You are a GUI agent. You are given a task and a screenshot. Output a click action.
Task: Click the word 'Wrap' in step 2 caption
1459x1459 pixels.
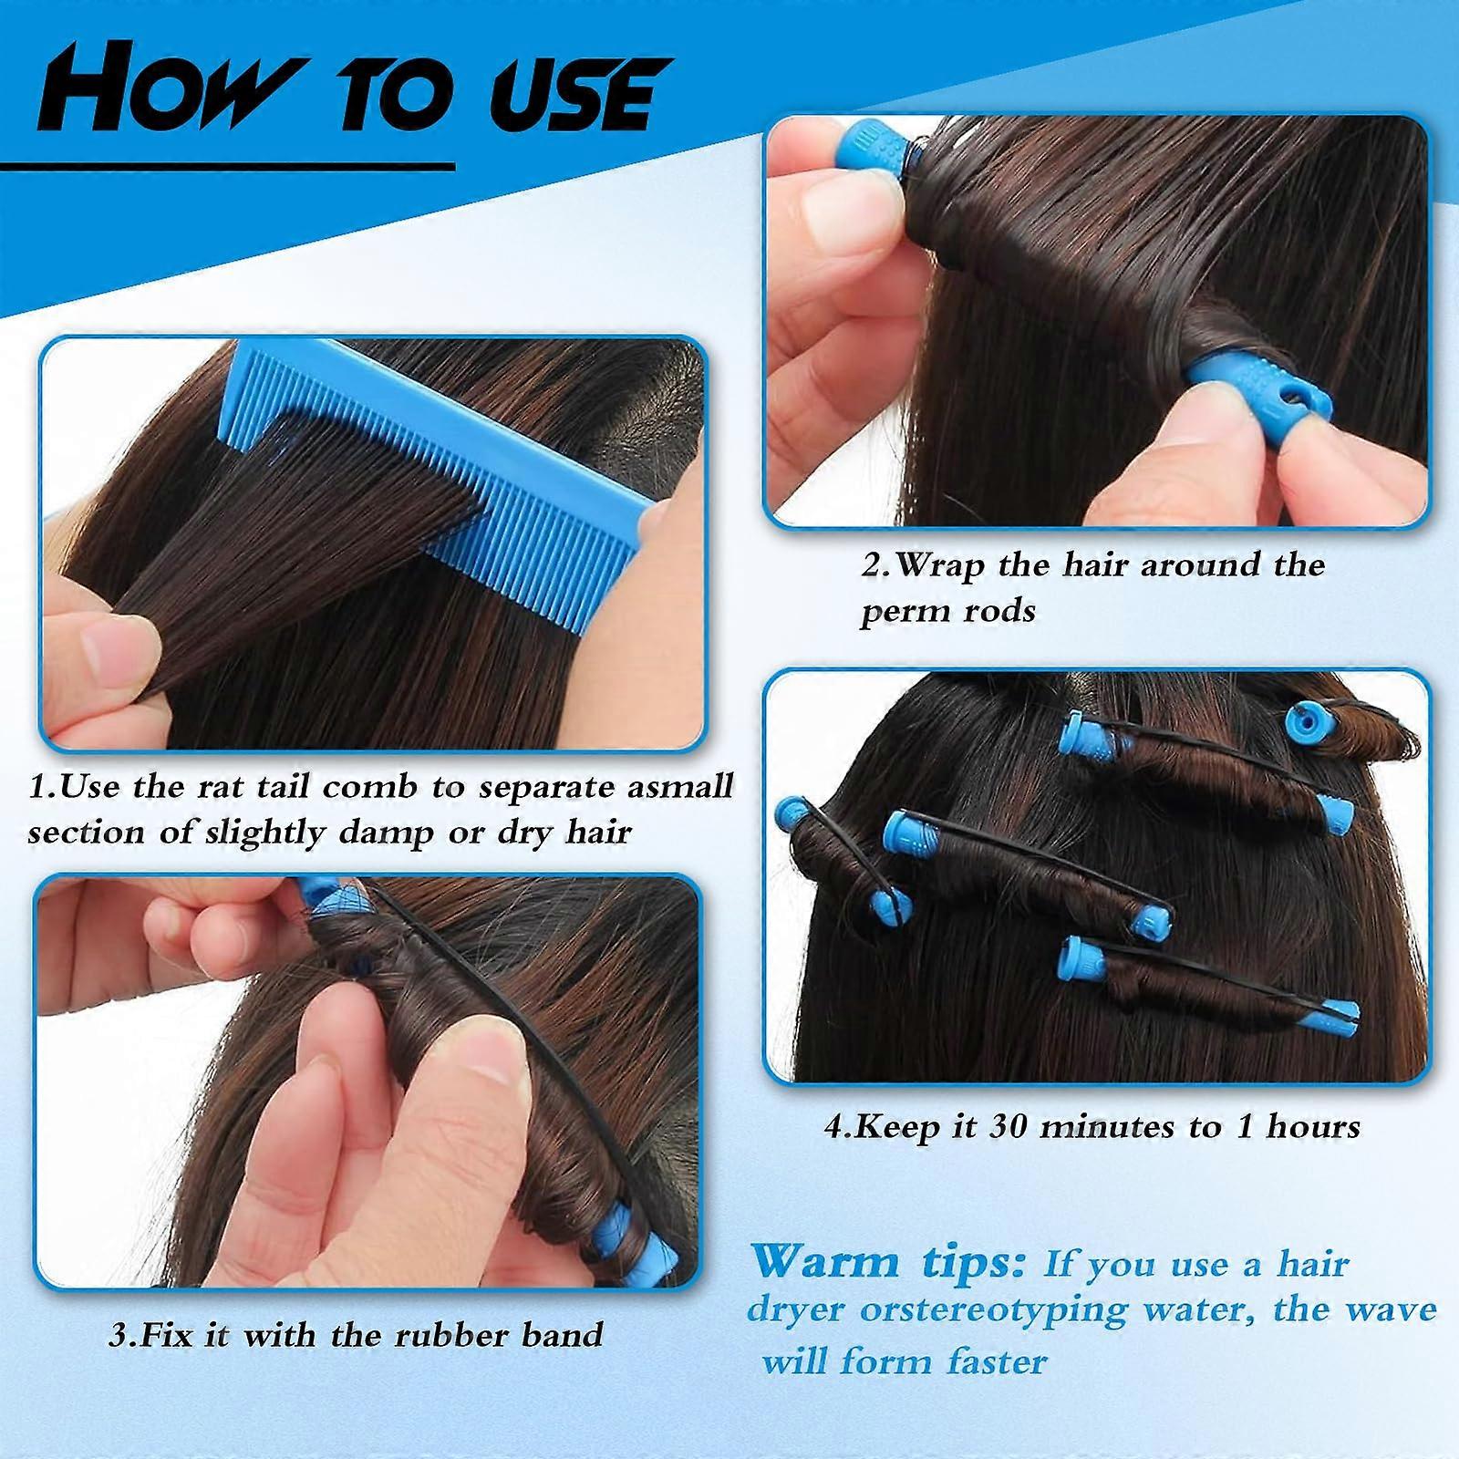pyautogui.click(x=940, y=566)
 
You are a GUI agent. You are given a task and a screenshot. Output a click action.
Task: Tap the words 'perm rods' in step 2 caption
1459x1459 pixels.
pyautogui.click(x=947, y=612)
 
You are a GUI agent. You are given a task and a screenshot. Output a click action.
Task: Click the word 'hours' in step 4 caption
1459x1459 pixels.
pyautogui.click(x=1312, y=1127)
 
